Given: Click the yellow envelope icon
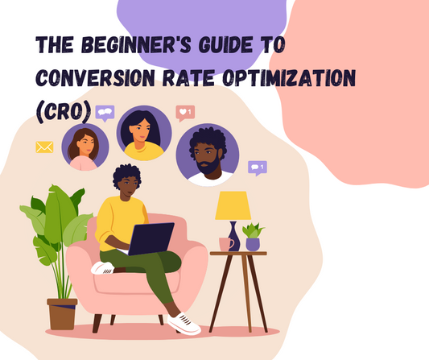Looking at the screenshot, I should (x=43, y=147).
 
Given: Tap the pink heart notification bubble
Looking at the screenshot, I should (x=184, y=112).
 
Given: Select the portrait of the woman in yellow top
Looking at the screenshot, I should (x=144, y=133).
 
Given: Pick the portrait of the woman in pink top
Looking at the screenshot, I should (x=85, y=147).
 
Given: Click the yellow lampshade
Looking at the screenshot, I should (x=233, y=205).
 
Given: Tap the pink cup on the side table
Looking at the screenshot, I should (x=226, y=243).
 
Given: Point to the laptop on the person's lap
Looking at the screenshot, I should (x=151, y=238).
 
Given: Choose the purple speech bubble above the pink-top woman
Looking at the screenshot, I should (x=105, y=114).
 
